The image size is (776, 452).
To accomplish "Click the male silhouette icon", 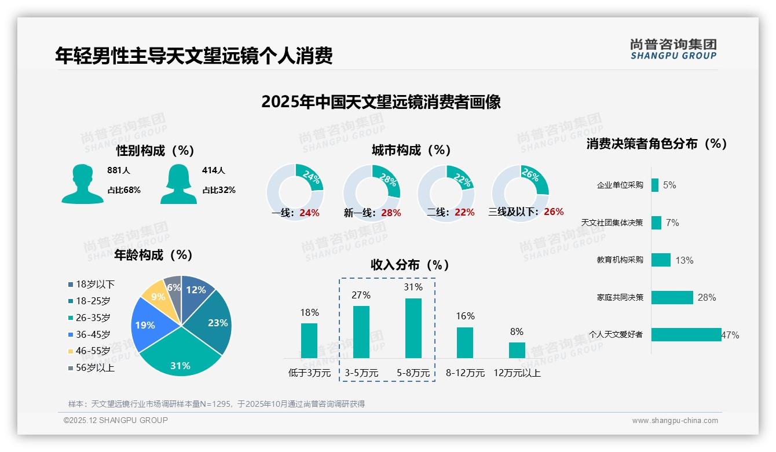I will [82, 184].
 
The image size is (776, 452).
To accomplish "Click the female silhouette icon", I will [178, 184].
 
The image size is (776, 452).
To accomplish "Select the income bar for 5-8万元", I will [413, 328].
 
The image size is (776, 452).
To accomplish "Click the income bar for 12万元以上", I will [517, 350].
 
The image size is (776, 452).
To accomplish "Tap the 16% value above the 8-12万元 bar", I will [465, 316].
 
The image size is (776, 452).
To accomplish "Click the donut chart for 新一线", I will [372, 193].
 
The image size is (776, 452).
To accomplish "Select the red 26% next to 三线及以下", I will [554, 212].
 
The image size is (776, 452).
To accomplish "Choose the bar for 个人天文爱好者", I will [686, 334].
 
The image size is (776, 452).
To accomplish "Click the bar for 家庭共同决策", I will [672, 297].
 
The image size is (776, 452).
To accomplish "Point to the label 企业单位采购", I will [620, 185].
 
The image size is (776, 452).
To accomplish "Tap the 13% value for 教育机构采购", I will [684, 260].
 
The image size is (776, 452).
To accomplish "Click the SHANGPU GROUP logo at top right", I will [673, 49].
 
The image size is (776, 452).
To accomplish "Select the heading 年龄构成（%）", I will [153, 255].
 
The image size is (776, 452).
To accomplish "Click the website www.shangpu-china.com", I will [675, 421].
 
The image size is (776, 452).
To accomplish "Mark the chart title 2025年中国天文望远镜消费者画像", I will [380, 102].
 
